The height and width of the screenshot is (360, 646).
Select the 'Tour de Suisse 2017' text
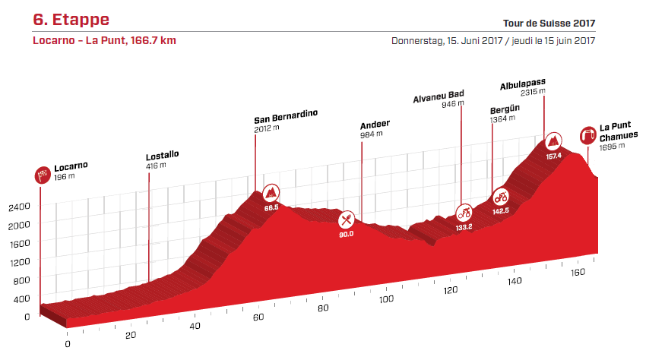pyautogui.click(x=547, y=24)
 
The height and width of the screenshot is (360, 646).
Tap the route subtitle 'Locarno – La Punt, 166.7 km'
pyautogui.click(x=104, y=40)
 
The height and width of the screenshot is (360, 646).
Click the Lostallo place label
pyautogui.click(x=162, y=154)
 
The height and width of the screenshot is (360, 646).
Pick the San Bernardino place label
pyautogui.click(x=285, y=120)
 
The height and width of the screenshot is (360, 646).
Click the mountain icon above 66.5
pyautogui.click(x=271, y=191)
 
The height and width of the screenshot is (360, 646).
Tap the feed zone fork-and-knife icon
pyautogui.click(x=347, y=219)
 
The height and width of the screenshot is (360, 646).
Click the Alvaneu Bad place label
pyautogui.click(x=438, y=96)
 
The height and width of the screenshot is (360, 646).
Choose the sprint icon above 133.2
pyautogui.click(x=464, y=212)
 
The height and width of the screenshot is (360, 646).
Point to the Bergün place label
pyautogui.click(x=505, y=109)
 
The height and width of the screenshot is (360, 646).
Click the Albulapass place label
pyautogui.click(x=523, y=82)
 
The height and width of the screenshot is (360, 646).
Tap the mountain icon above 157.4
pyautogui.click(x=553, y=141)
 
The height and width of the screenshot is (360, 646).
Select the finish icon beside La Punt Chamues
pyautogui.click(x=587, y=136)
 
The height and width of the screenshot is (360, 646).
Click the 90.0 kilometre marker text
pyautogui.click(x=347, y=234)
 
